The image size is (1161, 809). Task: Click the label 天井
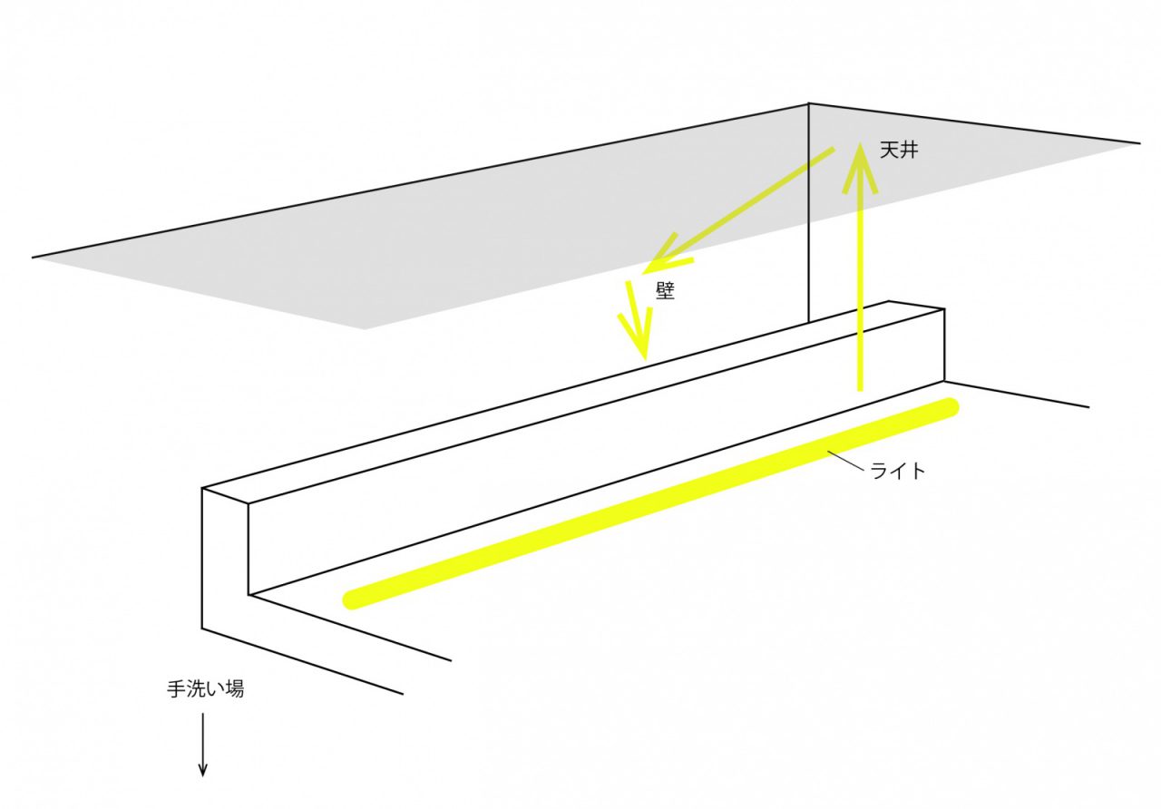pyautogui.click(x=899, y=151)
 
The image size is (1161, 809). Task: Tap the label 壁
pyautogui.click(x=666, y=292)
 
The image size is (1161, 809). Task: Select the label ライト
pyautogui.click(x=898, y=471)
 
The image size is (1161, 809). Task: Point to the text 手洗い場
pyautogui.click(x=205, y=689)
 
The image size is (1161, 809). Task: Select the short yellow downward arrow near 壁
pyautogui.click(x=637, y=320)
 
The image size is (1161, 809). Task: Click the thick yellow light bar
pyautogui.click(x=651, y=503)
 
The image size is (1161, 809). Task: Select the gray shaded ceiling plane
pyautogui.click(x=571, y=218)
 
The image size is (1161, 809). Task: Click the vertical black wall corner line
pyautogui.click(x=808, y=212)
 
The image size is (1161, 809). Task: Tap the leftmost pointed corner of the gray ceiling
pyautogui.click(x=33, y=257)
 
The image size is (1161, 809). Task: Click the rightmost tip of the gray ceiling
pyautogui.click(x=1140, y=143)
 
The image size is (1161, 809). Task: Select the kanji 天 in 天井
pyautogui.click(x=889, y=151)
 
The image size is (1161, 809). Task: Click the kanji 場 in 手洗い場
pyautogui.click(x=234, y=689)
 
